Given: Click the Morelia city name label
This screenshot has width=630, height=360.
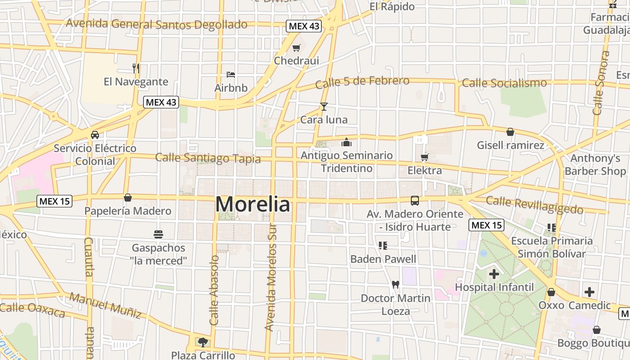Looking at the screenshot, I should coord(253,204).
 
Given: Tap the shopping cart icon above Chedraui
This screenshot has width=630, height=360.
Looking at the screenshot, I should coord(296,48).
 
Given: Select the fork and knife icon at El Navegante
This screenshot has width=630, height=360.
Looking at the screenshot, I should coord(136,68).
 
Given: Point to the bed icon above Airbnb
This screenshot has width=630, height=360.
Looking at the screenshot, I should coord(231,74).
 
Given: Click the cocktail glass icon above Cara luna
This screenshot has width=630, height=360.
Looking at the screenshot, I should coord(324,107).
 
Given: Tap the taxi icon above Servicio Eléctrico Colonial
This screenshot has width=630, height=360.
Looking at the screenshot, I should coord(95,135).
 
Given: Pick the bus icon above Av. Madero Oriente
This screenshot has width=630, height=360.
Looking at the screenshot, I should coord(414,201).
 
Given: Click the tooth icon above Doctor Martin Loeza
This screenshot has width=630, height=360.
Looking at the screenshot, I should coord(396,284).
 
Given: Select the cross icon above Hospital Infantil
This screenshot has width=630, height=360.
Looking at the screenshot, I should coord(494,274).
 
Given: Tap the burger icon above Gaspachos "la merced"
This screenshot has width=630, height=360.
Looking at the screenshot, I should coord(158,234).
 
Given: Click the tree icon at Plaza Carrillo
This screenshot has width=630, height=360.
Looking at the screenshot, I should coord(203,342).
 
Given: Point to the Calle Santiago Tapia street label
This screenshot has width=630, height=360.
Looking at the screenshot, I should coord(208,158).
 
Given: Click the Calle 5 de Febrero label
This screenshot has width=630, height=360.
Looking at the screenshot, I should coord(362,82).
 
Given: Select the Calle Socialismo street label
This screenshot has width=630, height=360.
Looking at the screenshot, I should coord(504,83).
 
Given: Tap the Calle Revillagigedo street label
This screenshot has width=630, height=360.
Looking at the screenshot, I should coord(535,205).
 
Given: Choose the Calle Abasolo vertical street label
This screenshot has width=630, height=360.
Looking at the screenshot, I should coord(214,290).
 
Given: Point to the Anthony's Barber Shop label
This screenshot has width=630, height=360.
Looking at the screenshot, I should coord(595,165).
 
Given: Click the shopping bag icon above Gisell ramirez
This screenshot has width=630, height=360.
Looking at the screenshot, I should coord(510,132).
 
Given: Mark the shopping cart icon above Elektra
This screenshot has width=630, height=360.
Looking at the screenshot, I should coord(424,157).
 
